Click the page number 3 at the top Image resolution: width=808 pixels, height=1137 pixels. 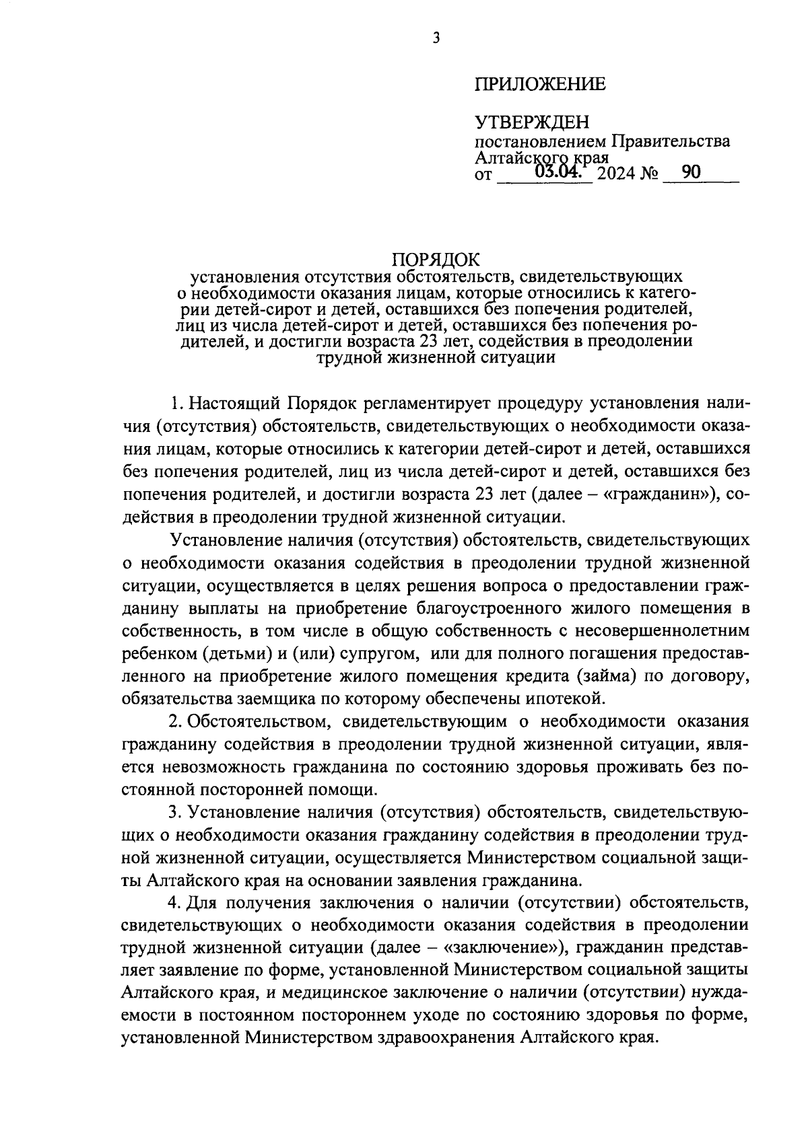click(436, 38)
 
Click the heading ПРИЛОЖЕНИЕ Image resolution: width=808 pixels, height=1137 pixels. click(540, 84)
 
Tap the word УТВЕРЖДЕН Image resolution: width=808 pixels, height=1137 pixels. click(532, 122)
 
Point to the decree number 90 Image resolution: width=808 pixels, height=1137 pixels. click(691, 173)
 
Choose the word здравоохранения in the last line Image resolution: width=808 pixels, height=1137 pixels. click(446, 1037)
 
